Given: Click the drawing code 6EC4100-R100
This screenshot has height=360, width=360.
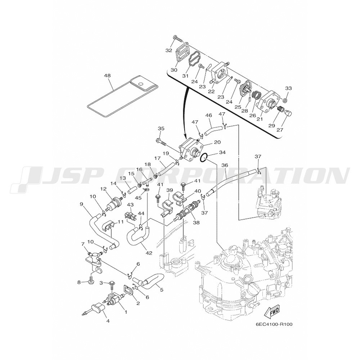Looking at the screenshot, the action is [x=274, y=324].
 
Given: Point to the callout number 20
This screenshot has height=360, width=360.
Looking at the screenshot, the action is [x=217, y=142].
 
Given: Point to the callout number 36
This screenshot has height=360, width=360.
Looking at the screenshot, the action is [x=225, y=165].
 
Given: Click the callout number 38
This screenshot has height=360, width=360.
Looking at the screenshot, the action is [x=196, y=222].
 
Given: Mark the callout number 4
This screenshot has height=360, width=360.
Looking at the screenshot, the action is [x=108, y=321].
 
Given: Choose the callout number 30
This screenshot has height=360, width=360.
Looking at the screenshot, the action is [x=174, y=69].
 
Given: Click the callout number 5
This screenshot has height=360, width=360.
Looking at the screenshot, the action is [x=162, y=290].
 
